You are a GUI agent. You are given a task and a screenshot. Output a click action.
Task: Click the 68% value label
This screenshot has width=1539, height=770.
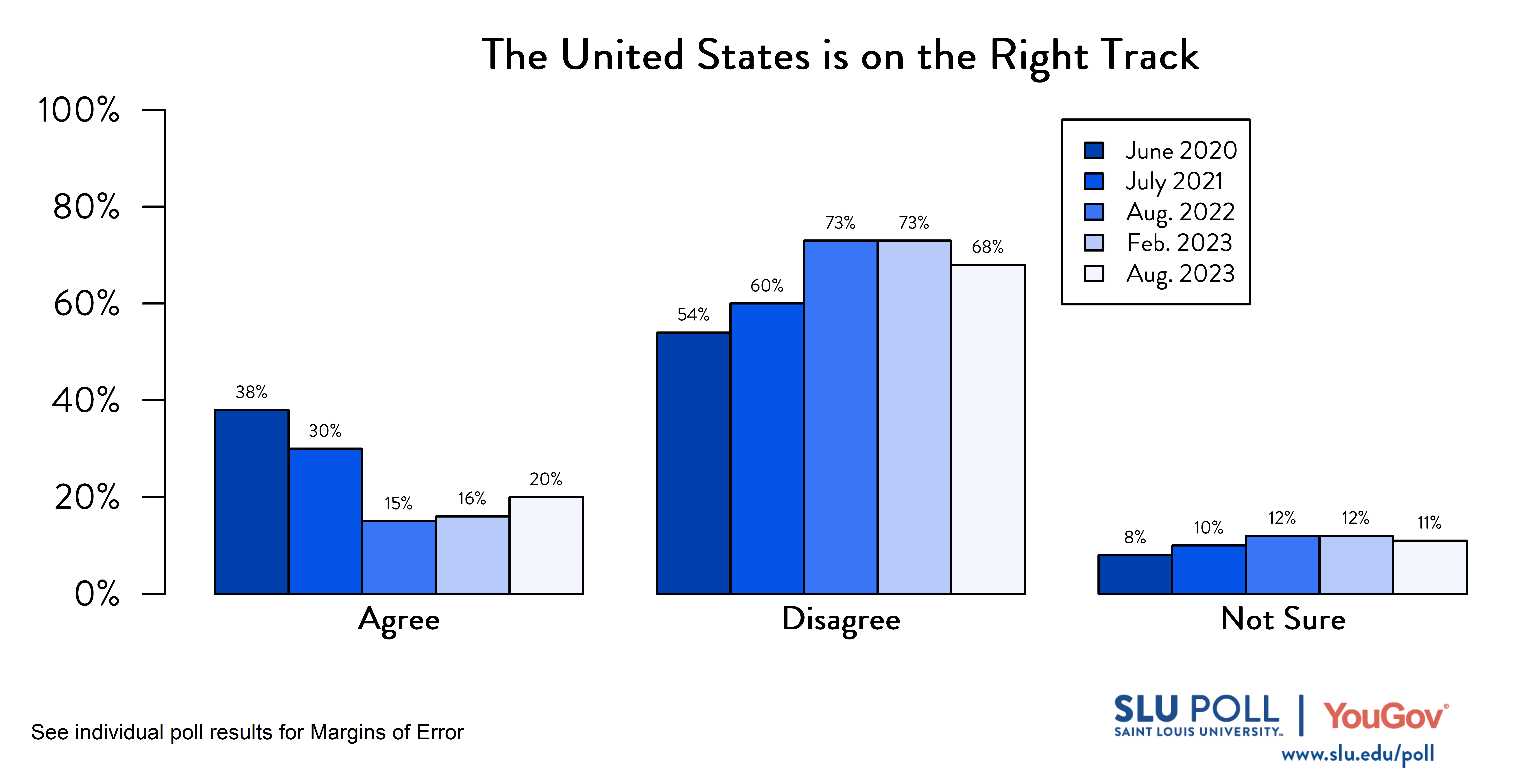coord(988,247)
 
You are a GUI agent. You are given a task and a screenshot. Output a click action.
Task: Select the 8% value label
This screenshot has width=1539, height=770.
coord(1134,538)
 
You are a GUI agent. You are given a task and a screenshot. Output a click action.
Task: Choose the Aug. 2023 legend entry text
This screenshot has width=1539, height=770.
coord(1180,274)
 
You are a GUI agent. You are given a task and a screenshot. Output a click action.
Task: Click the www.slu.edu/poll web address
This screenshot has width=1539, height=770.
coord(1357,754)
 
